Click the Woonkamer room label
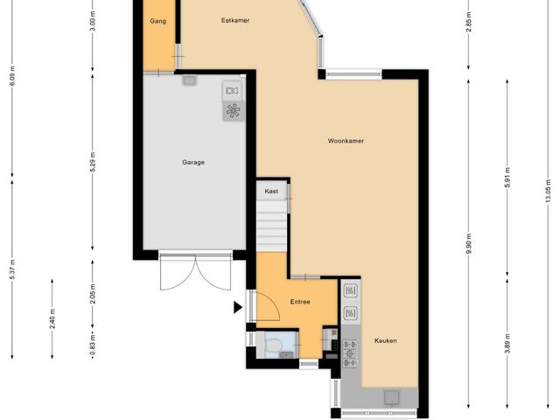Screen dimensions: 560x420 [346, 141]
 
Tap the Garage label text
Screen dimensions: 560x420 [193, 163]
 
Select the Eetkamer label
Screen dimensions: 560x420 [235, 20]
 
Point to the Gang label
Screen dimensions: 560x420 [157, 21]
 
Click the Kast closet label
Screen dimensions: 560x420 [271, 192]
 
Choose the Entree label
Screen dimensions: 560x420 [300, 302]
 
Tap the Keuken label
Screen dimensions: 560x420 [386, 340]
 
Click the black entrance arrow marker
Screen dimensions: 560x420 [238, 307]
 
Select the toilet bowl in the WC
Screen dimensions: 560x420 [274, 345]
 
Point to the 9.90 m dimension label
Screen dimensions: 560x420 [469, 243]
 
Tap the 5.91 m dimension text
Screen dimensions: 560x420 [507, 177]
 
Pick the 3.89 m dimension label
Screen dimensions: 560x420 [507, 343]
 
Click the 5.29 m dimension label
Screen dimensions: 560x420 [93, 163]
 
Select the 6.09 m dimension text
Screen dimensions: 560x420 [12, 76]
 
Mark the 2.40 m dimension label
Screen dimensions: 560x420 [52, 318]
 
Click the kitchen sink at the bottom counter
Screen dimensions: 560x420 [392, 398]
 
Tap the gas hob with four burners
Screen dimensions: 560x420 [350, 353]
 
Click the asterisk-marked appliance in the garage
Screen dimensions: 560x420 [234, 111]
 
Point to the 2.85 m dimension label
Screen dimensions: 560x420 [469, 22]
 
